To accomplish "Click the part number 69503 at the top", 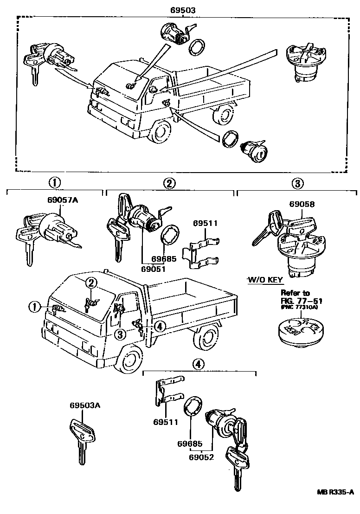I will click(183, 9).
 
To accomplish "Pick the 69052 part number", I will click(201, 457).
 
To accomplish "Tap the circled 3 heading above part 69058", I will click(297, 183).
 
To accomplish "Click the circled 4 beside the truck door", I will click(159, 327).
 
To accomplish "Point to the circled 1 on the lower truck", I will click(33, 306).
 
